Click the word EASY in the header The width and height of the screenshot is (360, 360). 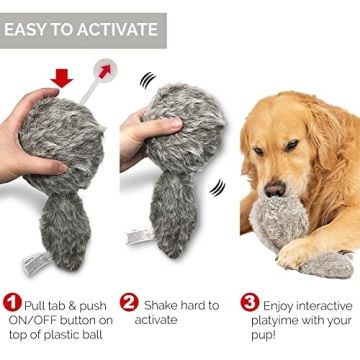(29, 29)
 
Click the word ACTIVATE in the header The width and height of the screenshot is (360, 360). (119, 29)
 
